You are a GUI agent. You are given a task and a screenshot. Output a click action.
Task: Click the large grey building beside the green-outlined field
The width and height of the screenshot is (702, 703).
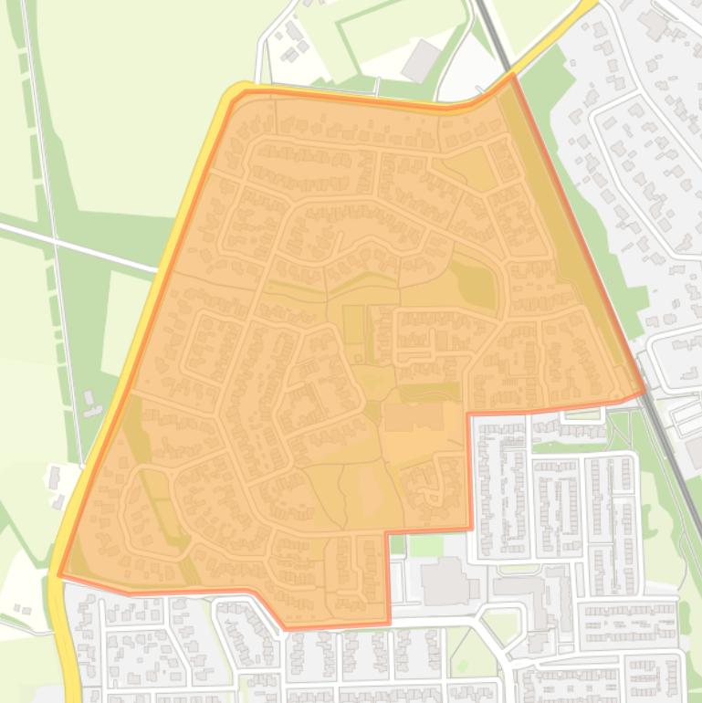coord(422,60)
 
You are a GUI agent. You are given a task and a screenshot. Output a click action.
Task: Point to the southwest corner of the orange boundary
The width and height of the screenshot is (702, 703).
coord(60,576)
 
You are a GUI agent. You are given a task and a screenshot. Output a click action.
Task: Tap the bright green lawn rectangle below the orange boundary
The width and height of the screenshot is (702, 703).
coord(425,545)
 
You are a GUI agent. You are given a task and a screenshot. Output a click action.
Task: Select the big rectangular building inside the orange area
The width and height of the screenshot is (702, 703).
coord(414,417)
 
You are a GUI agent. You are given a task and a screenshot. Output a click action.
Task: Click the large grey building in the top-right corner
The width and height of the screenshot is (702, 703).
coord(654,23)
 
